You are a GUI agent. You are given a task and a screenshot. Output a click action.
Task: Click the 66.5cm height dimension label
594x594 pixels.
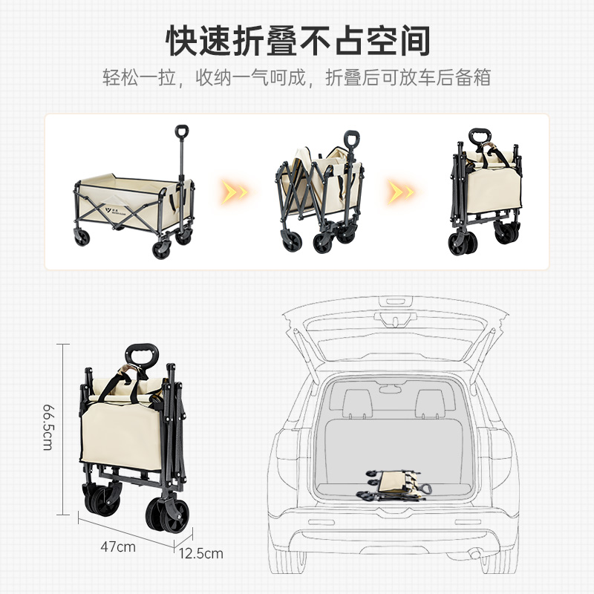48,427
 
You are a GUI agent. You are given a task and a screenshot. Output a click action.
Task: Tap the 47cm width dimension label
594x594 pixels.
118,546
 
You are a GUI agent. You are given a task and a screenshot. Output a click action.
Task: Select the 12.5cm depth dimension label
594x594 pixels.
200,553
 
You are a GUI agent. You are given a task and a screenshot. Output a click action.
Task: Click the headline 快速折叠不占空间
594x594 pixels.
298,41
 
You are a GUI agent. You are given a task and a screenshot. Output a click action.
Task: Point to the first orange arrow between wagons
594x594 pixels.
234,192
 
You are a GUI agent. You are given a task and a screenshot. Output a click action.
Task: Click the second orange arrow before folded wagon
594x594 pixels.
400,192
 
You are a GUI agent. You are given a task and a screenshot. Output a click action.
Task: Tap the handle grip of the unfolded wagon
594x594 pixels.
182,131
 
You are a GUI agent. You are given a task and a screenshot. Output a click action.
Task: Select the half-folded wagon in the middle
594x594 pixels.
320,192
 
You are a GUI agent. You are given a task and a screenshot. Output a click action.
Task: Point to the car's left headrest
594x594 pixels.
357,403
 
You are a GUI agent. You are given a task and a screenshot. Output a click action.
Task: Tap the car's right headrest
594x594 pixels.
431,403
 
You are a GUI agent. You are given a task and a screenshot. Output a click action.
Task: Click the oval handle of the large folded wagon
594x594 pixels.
142,356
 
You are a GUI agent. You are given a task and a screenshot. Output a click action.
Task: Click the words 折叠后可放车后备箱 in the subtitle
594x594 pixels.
408,78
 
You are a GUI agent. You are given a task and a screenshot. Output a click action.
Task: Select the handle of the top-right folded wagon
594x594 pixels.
480,136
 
